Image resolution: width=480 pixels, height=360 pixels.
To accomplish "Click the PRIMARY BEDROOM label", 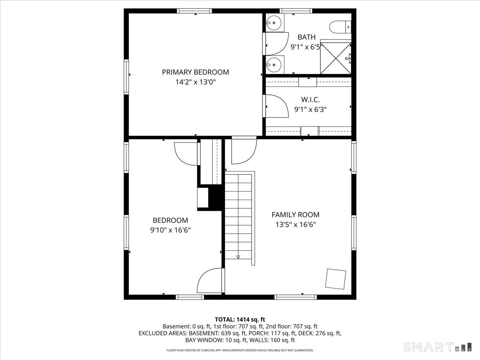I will pos(195,72).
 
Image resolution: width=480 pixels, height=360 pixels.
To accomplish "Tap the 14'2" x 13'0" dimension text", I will pos(195,82).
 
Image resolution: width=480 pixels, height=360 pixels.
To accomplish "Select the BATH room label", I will pos(306,37).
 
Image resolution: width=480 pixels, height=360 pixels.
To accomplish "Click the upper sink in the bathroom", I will pos(274,23).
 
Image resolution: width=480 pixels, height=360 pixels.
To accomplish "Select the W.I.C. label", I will pos(310,99).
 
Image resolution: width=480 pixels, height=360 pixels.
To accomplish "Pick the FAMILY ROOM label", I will pos(295,215).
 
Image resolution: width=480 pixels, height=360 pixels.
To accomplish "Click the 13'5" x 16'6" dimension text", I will pos(295,225).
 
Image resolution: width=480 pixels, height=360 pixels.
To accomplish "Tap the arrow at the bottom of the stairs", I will pos(238,257).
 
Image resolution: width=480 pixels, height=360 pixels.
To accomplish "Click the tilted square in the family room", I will pos(335,279).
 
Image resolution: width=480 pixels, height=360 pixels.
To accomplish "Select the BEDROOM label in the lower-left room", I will pos(170,220).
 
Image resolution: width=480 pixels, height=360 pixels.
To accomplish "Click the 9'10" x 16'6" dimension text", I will pos(170,230).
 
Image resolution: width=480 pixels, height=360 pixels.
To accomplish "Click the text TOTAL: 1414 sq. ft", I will pos(240,319).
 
